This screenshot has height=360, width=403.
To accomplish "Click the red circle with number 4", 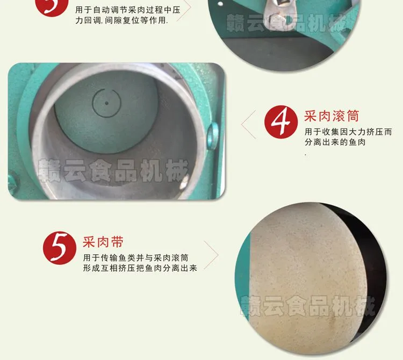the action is point(281,122).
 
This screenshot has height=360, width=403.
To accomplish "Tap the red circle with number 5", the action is point(60,248).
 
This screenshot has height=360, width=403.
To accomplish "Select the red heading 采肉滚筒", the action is point(332,116).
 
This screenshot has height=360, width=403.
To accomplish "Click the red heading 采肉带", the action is point(103,242).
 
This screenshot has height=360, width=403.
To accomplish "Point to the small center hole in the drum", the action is point(106,103).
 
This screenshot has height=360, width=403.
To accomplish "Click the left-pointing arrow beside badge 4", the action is point(248,125).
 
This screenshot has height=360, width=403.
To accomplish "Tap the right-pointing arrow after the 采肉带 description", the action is point(211,255).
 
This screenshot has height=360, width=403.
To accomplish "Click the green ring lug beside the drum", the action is point(212,136).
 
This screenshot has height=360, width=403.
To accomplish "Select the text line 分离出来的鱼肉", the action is point(335,142).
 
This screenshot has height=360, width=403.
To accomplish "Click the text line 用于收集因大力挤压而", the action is point(348,132).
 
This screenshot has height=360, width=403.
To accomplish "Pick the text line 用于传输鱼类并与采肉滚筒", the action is point(136,258).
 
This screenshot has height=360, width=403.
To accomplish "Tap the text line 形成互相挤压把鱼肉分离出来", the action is point(140,268).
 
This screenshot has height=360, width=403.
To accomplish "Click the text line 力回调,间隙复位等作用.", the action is point(121,20).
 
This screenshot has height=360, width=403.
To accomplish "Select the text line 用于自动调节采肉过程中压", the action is point(128,10).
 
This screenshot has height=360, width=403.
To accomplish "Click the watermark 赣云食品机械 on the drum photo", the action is point(113,170).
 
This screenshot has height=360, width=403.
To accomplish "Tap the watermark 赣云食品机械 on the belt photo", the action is point(307,306).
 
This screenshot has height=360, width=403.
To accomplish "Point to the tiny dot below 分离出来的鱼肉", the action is point(306,155).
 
